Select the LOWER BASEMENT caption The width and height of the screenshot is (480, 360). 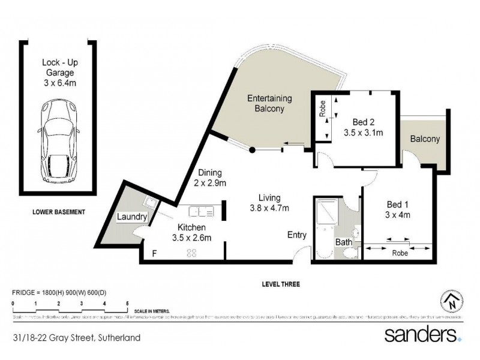click(x=59, y=212)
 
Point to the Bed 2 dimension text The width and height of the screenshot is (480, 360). click(x=364, y=132)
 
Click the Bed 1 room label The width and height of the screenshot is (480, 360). click(x=397, y=209)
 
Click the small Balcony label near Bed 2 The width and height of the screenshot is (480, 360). click(x=425, y=139)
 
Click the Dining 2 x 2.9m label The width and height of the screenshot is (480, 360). click(x=209, y=177)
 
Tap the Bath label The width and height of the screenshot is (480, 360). click(x=343, y=242)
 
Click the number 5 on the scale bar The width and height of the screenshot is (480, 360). click(x=127, y=304)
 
